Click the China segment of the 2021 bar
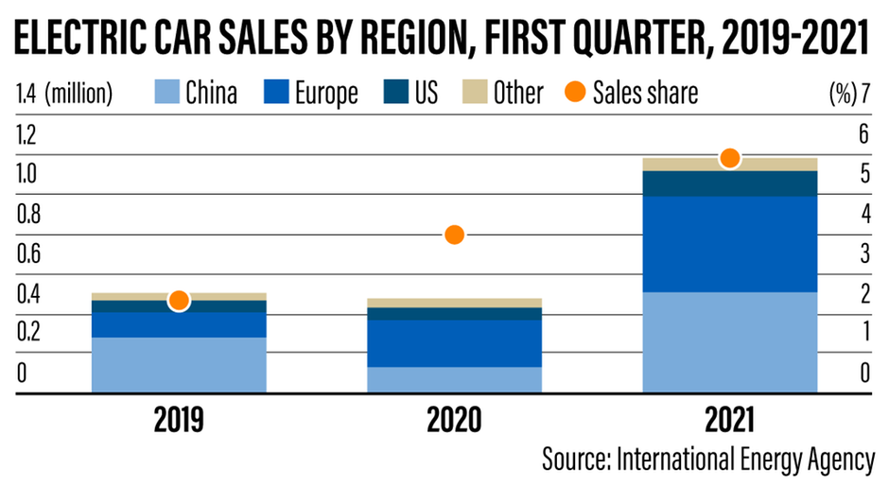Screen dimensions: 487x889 point(730,341)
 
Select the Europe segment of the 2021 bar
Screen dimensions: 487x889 point(730,243)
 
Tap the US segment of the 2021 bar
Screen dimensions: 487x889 point(730,183)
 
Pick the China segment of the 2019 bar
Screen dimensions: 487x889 point(179,363)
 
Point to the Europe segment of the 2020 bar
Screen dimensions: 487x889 point(454,342)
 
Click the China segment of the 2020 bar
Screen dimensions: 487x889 point(454,378)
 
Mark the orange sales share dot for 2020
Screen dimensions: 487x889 point(454,235)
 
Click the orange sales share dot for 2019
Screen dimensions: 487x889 point(179,300)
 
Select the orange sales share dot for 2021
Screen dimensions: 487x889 point(729,158)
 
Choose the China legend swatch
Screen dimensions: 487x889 point(165,92)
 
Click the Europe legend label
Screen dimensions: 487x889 point(325,93)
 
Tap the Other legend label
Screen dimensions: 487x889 point(517,93)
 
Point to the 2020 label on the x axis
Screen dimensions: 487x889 point(454,419)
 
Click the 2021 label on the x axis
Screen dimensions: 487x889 point(730,419)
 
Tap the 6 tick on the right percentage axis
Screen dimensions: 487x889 point(863,134)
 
